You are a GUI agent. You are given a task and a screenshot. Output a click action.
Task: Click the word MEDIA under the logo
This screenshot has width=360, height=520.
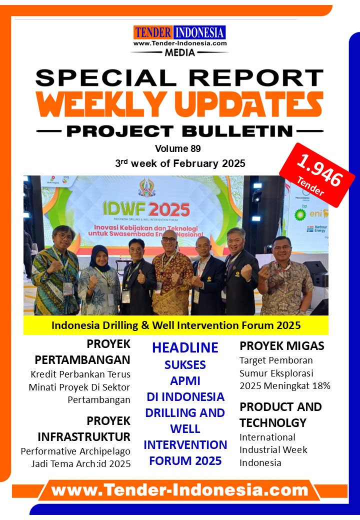pos(180,52)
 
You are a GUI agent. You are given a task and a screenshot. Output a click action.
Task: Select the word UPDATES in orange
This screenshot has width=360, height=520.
pos(248,103)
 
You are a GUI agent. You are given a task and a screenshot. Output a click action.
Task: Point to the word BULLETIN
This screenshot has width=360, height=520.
pos(237,131)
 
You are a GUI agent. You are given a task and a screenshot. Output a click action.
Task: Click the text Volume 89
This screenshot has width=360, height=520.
pos(178,148)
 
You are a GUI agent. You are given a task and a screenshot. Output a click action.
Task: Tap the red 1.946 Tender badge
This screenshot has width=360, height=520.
pos(317,175)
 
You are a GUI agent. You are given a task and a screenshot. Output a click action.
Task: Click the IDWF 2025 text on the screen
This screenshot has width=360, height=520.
pos(146,209)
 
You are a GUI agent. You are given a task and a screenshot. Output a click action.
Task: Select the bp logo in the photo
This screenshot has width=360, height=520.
pos(300,213)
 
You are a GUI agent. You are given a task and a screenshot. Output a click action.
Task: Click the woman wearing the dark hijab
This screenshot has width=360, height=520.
pos(98,280)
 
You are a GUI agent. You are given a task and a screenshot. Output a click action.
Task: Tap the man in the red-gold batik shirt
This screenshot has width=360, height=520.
pos(172,273)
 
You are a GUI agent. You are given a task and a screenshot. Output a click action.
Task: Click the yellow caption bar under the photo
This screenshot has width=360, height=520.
pos(175,325)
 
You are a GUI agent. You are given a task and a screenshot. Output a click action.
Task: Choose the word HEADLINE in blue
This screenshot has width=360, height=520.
pos(185,347)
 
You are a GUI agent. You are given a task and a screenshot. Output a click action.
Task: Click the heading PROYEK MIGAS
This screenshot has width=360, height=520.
pos(282,346)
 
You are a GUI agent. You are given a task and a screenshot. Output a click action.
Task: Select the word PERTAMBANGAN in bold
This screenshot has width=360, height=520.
pos(82,360)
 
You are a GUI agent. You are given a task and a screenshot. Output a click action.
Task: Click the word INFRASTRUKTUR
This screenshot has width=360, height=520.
pos(84,437)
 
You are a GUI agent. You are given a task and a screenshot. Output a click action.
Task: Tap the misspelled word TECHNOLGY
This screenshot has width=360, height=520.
pos(273,423)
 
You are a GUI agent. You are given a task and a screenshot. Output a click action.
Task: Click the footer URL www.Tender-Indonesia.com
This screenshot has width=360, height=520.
pos(179,490)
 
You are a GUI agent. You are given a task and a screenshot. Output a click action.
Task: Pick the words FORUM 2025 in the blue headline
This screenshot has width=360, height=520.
pos(185,460)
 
